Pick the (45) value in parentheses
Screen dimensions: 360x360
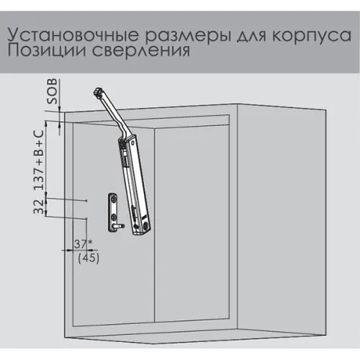click(88, 257)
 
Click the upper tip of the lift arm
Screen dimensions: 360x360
click(96, 91)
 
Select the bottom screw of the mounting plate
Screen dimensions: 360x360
click(114, 217)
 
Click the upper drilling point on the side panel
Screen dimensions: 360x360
click(86, 200)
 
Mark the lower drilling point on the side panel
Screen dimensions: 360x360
click(86, 218)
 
